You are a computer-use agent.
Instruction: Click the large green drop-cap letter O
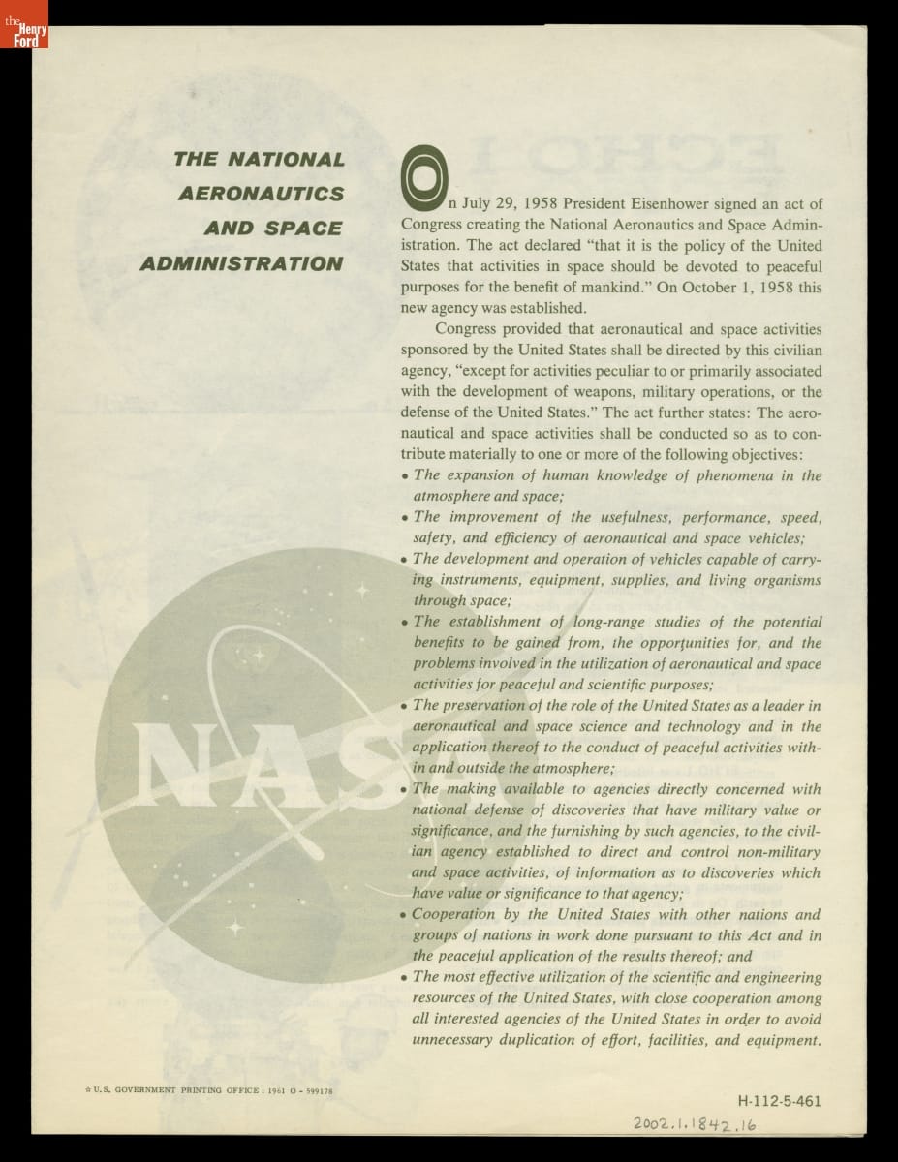point(422,180)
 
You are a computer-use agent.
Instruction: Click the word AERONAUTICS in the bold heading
point(261,194)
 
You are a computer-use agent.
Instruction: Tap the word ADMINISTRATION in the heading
point(241,264)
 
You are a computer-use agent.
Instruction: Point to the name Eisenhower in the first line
point(660,204)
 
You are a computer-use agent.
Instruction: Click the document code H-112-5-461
point(780,1101)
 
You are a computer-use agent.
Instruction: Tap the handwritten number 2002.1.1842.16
point(695,1124)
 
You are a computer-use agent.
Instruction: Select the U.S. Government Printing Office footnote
point(209,1090)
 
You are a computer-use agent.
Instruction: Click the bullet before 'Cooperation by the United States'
point(404,915)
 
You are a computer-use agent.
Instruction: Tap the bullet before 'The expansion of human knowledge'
point(404,476)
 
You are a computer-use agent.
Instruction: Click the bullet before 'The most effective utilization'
point(404,978)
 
